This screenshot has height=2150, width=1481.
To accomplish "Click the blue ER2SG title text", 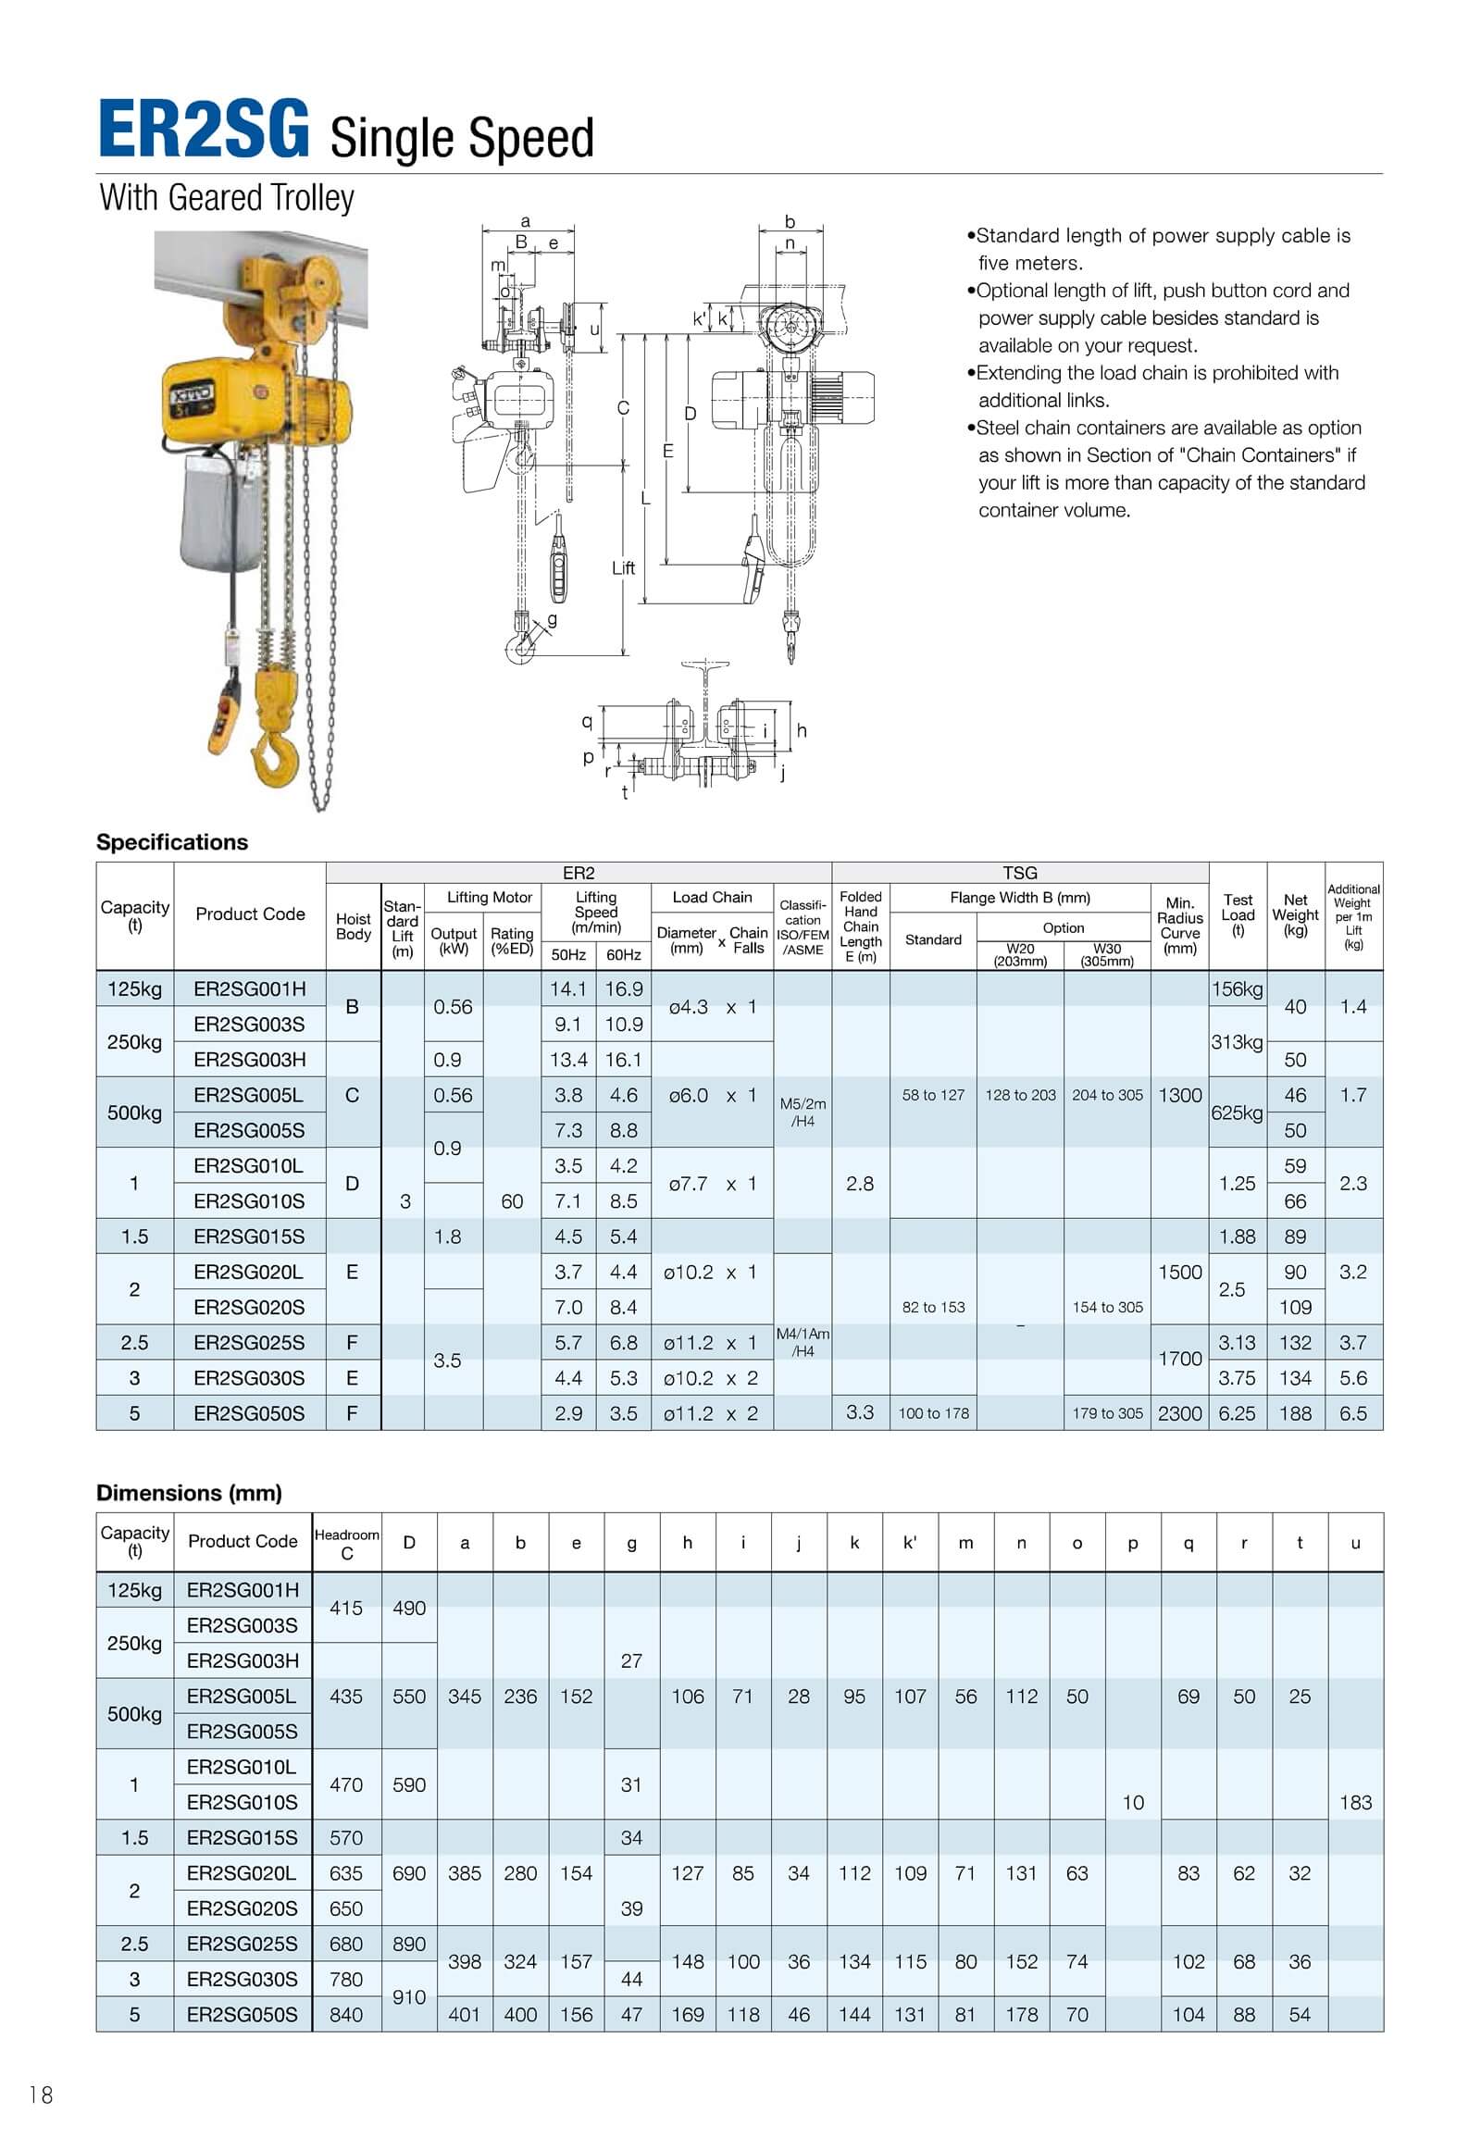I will click(205, 130).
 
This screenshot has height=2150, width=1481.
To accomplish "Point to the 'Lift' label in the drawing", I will click(624, 568).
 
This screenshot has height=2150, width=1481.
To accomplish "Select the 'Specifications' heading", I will click(172, 842).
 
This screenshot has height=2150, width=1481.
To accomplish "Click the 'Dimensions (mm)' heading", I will click(190, 1493).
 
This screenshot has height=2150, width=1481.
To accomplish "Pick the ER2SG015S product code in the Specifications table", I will click(249, 1237).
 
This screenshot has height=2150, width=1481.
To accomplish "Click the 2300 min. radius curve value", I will click(1179, 1413).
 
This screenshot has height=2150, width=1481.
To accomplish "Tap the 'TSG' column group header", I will click(1020, 873).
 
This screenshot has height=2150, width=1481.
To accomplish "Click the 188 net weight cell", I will click(1295, 1413).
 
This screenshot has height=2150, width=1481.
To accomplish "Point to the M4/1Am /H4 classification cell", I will click(803, 1343).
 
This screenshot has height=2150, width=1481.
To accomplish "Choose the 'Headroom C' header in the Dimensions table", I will click(346, 1544).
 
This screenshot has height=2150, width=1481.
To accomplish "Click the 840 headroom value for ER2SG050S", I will click(346, 2015).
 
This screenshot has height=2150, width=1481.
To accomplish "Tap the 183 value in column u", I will click(1355, 1802).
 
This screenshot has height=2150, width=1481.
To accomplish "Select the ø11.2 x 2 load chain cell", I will click(711, 1413).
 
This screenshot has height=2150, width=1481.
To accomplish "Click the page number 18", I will click(42, 2094).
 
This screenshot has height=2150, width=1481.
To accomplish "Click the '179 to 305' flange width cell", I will click(1107, 1413).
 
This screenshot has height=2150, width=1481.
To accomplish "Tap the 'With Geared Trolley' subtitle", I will click(228, 198).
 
